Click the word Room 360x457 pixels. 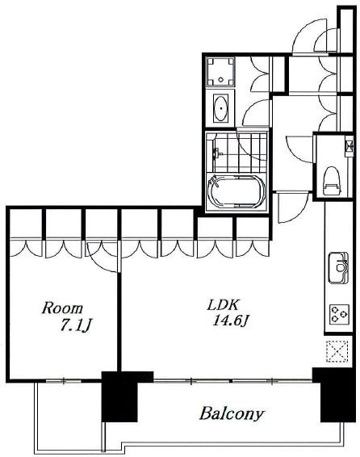pyautogui.click(x=62, y=308)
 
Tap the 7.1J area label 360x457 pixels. pyautogui.click(x=76, y=325)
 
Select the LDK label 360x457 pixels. pyautogui.click(x=223, y=305)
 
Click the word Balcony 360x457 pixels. pyautogui.click(x=232, y=414)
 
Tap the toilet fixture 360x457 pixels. pyautogui.click(x=332, y=181)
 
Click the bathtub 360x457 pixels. pyautogui.click(x=237, y=191)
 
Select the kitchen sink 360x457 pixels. pyautogui.click(x=338, y=267)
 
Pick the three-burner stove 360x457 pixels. pyautogui.click(x=339, y=314)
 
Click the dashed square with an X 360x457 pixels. pyautogui.click(x=337, y=351)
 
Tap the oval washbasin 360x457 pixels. pyautogui.click(x=221, y=108)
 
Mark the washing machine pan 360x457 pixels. pyautogui.click(x=220, y=72)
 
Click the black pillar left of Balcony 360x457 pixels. pyautogui.click(x=119, y=396)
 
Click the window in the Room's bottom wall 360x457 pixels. pyautogui.click(x=64, y=380)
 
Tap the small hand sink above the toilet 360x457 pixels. pyautogui.click(x=350, y=145)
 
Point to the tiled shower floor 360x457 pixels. pyautogui.click(x=237, y=152)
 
